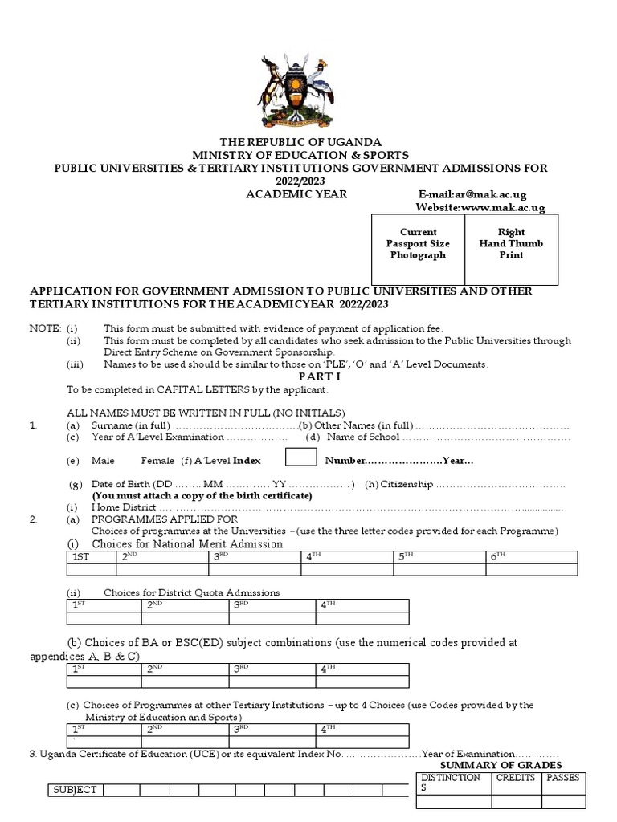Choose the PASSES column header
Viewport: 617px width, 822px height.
(563, 778)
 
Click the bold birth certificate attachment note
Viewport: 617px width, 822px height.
(202, 496)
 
